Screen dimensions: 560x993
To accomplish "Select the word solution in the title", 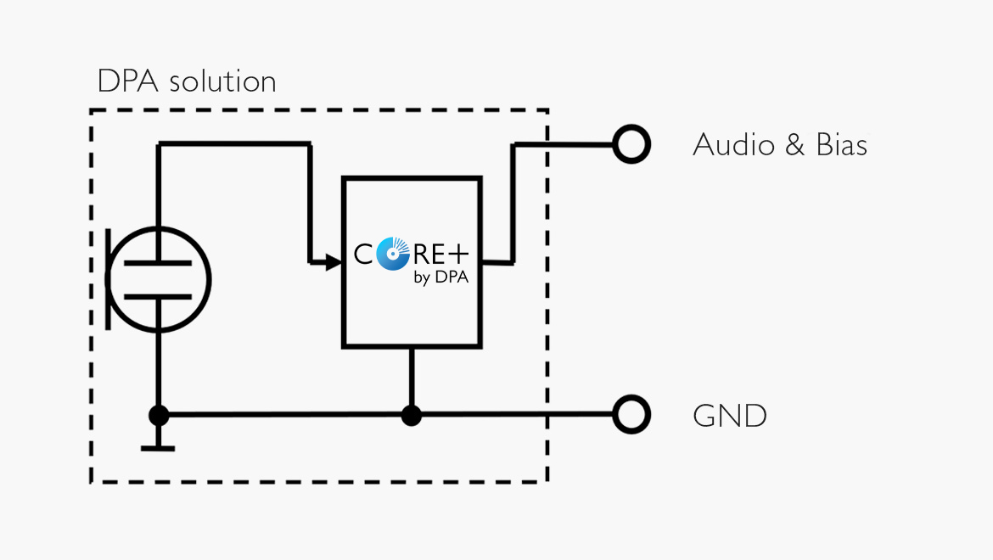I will coord(222,81).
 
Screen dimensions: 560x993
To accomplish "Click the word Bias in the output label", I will coord(841,145).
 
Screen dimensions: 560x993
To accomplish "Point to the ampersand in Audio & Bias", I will coord(794,145).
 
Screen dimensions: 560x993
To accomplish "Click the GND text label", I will coord(730,416).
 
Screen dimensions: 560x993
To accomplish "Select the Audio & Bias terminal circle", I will coord(631,145).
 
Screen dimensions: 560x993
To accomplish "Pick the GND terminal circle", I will coord(631,416).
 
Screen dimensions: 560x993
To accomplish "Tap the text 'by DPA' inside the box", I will coord(441,277).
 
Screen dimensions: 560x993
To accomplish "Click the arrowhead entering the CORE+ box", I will coord(331,262).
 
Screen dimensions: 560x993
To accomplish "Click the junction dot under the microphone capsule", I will coord(158,416).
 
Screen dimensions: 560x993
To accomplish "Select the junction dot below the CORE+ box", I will coord(412,416).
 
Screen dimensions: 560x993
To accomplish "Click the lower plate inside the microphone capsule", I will coord(158,296).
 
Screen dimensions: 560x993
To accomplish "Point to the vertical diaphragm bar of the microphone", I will coord(109,279).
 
